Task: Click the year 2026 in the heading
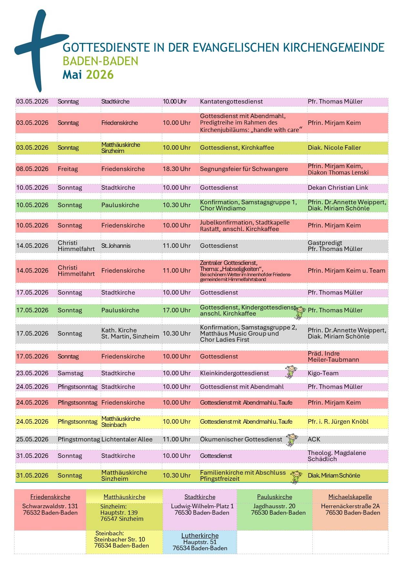click(x=100, y=75)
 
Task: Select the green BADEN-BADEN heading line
click(x=100, y=61)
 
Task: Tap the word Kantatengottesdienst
click(x=231, y=102)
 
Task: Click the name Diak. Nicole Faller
click(x=334, y=148)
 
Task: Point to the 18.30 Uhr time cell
click(x=176, y=169)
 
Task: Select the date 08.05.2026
click(x=32, y=169)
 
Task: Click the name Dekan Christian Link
click(x=338, y=188)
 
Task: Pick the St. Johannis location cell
click(x=116, y=246)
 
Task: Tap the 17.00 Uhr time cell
click(x=176, y=310)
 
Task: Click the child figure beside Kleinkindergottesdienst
click(x=291, y=372)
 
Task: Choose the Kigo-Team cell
click(x=323, y=373)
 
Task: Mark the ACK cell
click(x=314, y=440)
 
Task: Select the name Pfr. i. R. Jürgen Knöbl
click(x=338, y=422)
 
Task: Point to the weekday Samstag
click(x=70, y=373)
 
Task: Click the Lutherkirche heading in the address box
click(x=200, y=536)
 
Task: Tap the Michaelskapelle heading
click(x=350, y=497)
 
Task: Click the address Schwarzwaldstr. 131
click(x=50, y=506)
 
